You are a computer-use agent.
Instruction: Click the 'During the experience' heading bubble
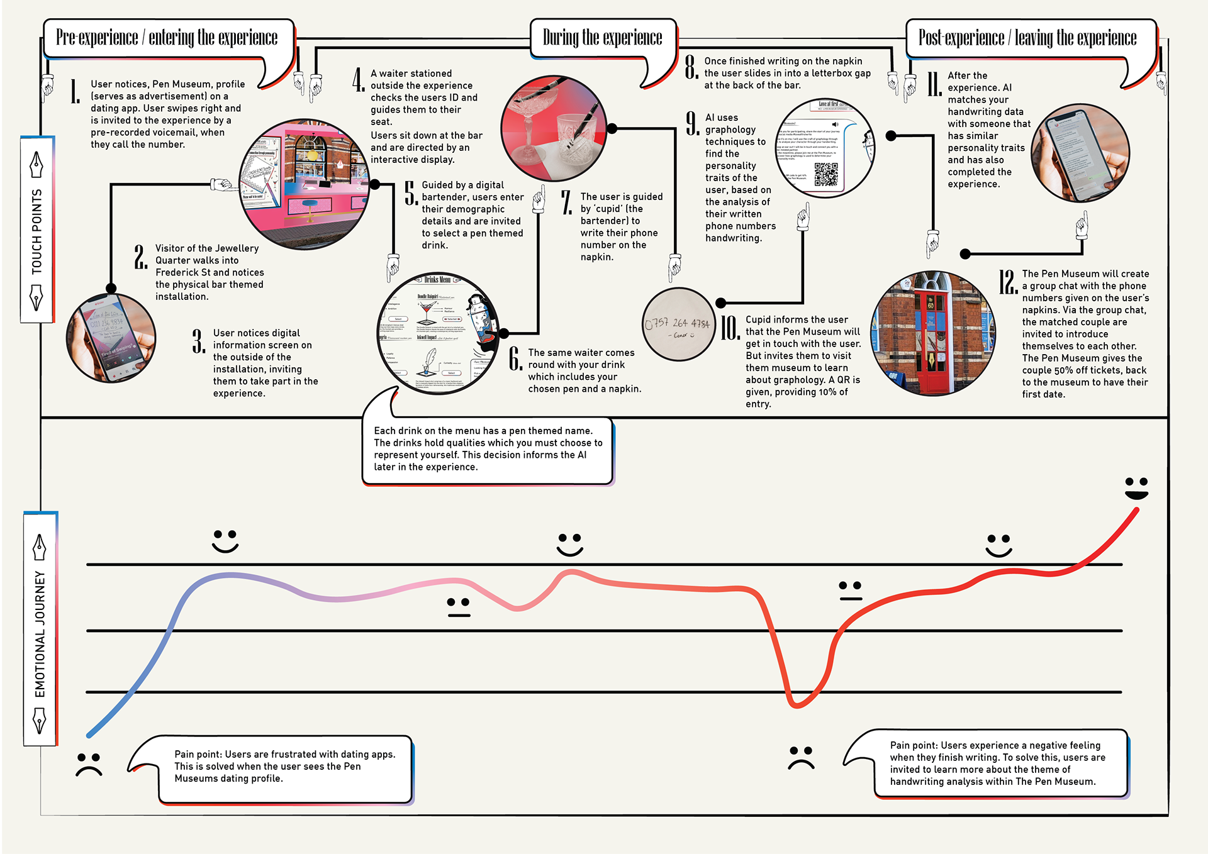click(602, 38)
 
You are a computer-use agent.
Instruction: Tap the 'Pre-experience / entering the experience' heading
click(167, 38)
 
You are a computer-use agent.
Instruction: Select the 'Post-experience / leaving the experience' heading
click(1027, 38)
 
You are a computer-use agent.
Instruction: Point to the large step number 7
click(566, 202)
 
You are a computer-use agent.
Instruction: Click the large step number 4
click(358, 80)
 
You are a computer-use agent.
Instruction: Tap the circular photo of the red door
click(932, 333)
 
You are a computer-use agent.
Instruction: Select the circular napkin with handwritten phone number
click(678, 324)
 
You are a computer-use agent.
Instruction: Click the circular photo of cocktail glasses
click(554, 129)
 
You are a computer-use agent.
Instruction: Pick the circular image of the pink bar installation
click(305, 184)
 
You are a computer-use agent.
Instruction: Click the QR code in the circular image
click(826, 174)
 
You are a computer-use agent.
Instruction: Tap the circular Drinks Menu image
click(439, 333)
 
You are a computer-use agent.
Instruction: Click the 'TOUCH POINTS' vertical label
click(37, 230)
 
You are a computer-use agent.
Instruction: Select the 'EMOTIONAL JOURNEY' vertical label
click(40, 632)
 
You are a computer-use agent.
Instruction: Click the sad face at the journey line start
click(89, 763)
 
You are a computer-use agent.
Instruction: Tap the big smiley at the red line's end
click(1136, 488)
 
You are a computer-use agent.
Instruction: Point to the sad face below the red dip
click(801, 757)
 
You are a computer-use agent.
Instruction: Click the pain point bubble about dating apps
click(285, 767)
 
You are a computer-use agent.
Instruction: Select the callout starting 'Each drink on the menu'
click(488, 449)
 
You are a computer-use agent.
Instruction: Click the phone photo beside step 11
click(1080, 153)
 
